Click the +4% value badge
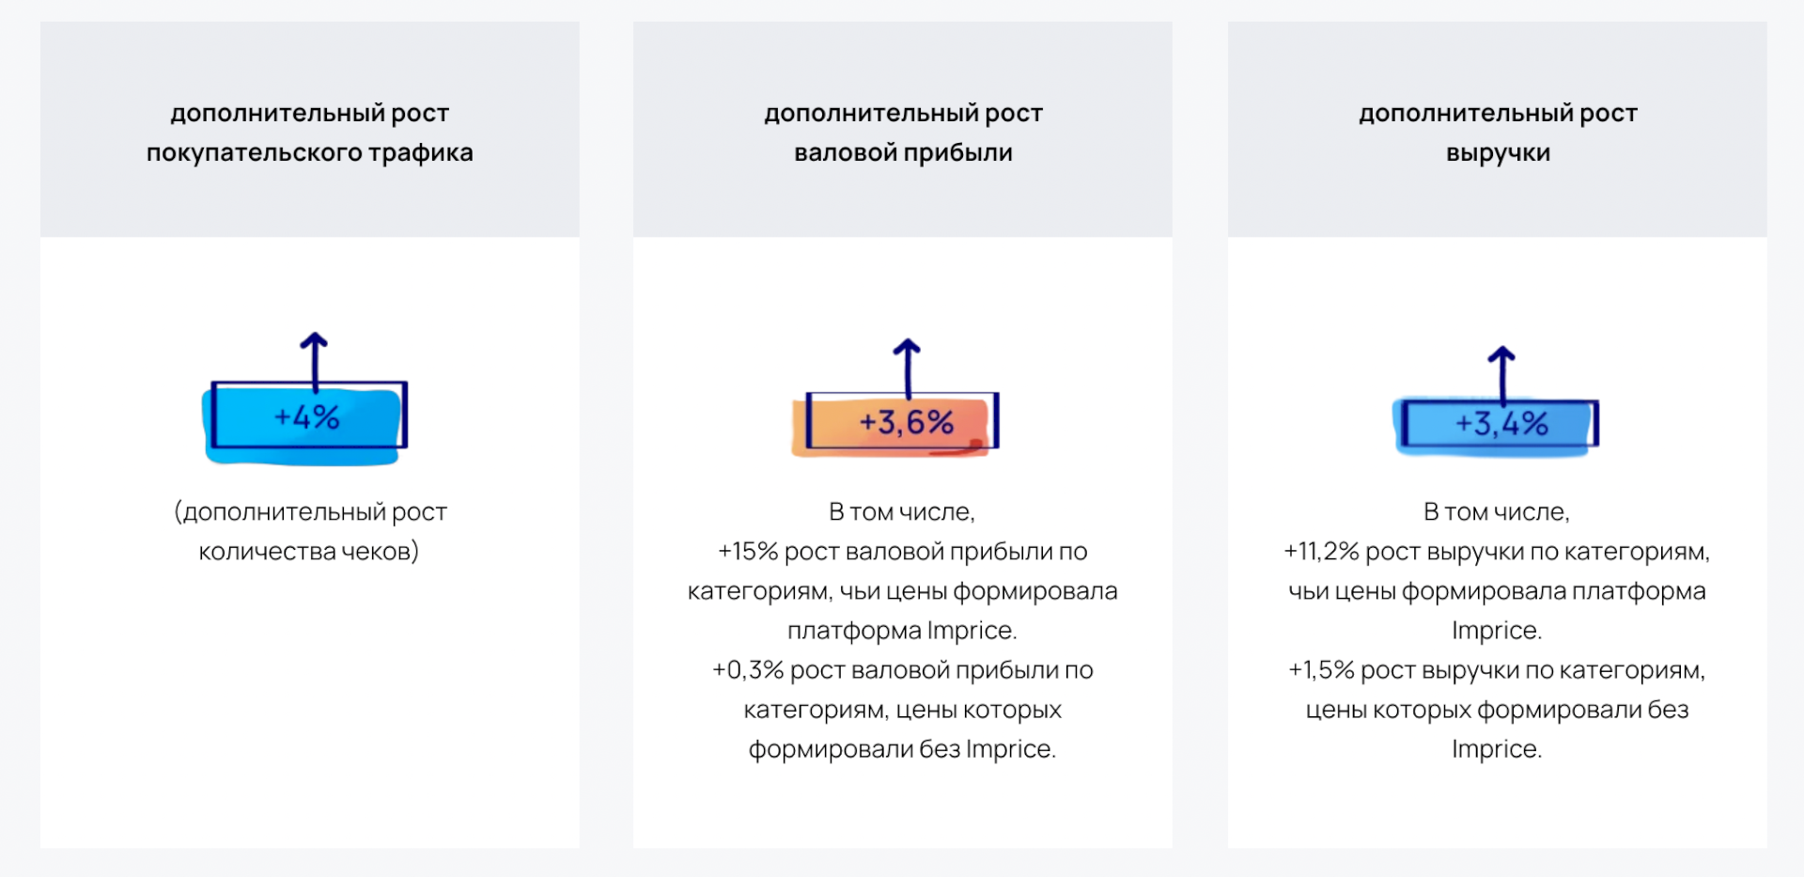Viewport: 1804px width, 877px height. click(305, 422)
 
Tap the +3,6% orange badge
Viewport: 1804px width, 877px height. click(895, 425)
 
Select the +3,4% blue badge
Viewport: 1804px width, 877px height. click(1496, 425)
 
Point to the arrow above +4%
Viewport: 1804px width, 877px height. click(314, 361)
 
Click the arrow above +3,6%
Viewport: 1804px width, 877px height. click(907, 368)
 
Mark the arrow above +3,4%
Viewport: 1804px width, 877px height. click(1501, 375)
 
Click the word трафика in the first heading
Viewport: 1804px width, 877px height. click(420, 153)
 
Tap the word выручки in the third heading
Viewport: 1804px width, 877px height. click(1498, 153)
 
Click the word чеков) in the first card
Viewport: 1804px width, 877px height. click(381, 552)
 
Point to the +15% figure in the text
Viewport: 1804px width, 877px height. click(748, 552)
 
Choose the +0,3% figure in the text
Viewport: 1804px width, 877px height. click(748, 670)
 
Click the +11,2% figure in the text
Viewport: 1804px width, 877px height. click(1321, 552)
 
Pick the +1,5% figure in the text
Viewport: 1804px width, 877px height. click(1321, 670)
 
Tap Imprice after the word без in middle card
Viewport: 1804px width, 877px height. click(1010, 749)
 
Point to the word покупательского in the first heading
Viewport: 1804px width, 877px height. click(254, 153)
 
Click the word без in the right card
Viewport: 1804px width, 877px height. click(1668, 710)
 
